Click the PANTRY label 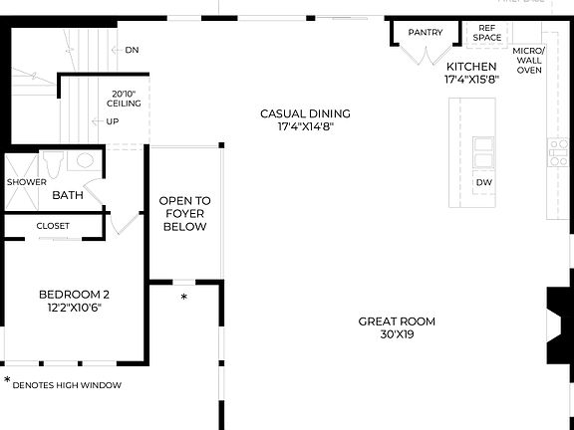tap(426, 33)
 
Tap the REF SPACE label tap(487, 33)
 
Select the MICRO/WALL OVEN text tap(528, 60)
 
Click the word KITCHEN tap(471, 67)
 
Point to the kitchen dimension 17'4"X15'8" tap(471, 80)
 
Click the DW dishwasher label tap(483, 183)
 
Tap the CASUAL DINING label tap(306, 113)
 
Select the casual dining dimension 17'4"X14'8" tap(306, 126)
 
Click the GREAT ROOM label tap(398, 322)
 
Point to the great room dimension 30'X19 tap(398, 335)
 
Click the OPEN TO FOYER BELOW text tap(184, 214)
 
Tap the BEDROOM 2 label tap(74, 295)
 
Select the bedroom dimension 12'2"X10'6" tap(74, 308)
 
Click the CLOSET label tap(54, 226)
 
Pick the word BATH tap(68, 195)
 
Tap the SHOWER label tap(27, 182)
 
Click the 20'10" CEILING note tap(125, 98)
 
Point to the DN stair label tap(132, 49)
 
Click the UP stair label tap(113, 121)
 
